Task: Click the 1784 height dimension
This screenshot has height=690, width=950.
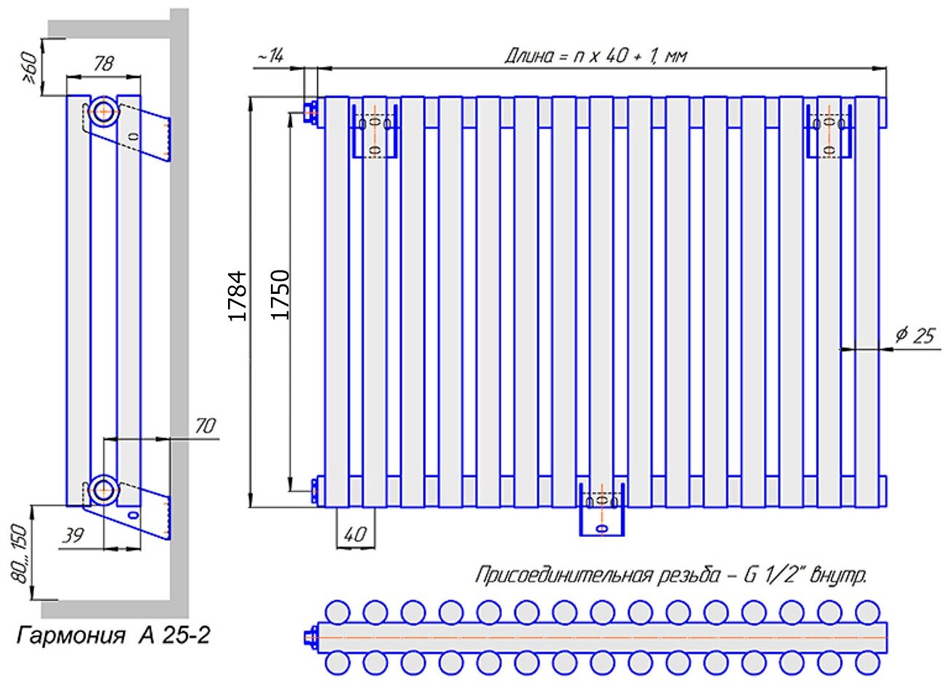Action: tap(238, 295)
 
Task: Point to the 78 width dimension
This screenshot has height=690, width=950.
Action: tap(103, 64)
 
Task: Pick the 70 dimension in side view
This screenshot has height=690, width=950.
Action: tap(205, 425)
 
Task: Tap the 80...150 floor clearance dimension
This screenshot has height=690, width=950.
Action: tap(21, 553)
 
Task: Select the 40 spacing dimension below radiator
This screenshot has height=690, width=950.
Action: tap(354, 535)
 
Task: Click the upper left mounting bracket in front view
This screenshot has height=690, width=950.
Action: tap(375, 131)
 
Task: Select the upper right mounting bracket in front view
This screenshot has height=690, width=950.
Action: tap(829, 131)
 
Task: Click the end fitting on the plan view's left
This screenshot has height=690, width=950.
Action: tap(311, 638)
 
